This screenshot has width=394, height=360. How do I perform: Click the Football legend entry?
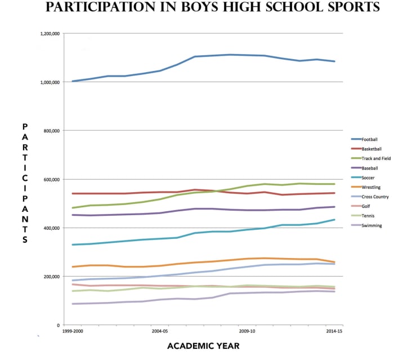pyautogui.click(x=370, y=139)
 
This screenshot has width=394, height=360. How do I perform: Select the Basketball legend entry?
pyautogui.click(x=371, y=149)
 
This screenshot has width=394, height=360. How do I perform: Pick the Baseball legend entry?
pyautogui.click(x=370, y=168)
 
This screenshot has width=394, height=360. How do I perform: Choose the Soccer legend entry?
pyautogui.click(x=368, y=177)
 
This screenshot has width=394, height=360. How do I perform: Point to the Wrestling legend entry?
pyautogui.click(x=370, y=187)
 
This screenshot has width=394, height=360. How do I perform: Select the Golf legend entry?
pyautogui.click(x=366, y=206)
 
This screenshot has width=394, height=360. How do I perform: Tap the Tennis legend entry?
pyautogui.click(x=368, y=216)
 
